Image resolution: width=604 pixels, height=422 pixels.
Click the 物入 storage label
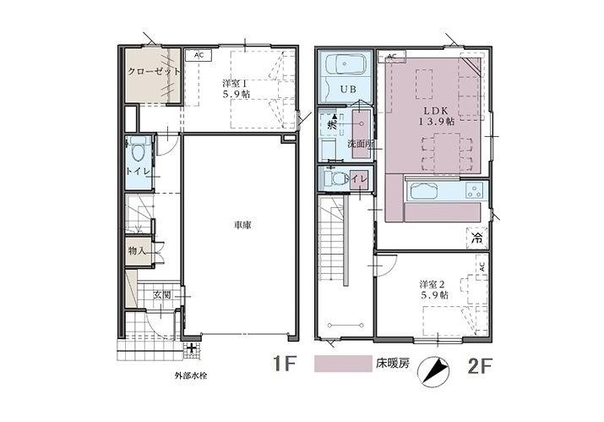pyautogui.click(x=138, y=251)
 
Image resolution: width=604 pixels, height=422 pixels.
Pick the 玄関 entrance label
pyautogui.click(x=163, y=294)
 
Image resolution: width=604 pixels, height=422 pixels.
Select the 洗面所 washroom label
pyautogui.click(x=361, y=144)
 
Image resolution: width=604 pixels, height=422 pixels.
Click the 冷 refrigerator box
pyautogui.click(x=476, y=238)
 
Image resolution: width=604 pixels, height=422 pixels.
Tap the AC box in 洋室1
pyautogui.click(x=199, y=56)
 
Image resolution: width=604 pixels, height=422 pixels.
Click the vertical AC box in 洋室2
pyautogui.click(x=481, y=266)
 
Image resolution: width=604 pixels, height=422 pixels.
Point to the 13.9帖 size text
pyautogui.click(x=436, y=122)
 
